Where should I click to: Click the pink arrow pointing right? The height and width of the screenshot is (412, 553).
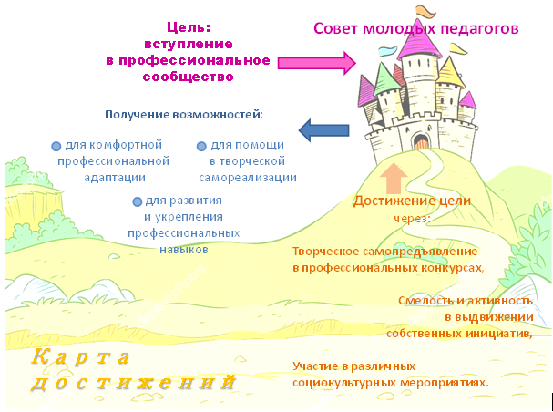click(x=315, y=63)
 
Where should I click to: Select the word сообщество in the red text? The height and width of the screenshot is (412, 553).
click(x=189, y=77)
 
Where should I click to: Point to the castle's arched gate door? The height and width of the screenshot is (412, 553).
click(x=420, y=141)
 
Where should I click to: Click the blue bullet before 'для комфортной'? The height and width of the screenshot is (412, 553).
click(x=56, y=146)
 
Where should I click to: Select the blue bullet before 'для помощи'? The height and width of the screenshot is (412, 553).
click(x=201, y=146)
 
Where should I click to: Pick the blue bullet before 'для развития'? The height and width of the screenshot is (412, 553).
click(x=137, y=201)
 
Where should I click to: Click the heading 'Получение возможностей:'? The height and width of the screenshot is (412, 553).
click(x=184, y=115)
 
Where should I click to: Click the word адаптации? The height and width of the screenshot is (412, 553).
click(x=111, y=177)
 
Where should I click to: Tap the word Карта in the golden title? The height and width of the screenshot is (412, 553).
click(x=78, y=355)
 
